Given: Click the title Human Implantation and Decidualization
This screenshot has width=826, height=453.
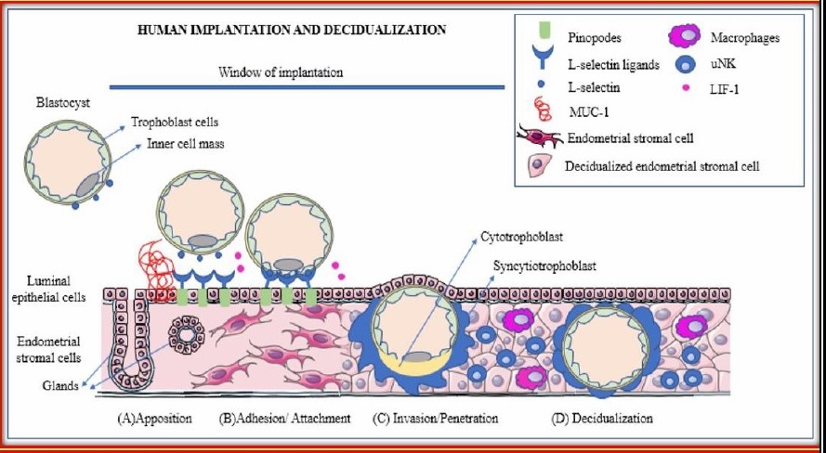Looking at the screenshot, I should point(291,30).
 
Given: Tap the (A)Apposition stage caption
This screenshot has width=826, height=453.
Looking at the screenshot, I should point(154,418).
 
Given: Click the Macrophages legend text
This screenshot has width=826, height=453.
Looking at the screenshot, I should point(743,38).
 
